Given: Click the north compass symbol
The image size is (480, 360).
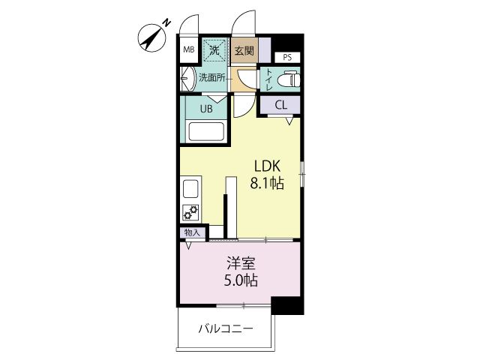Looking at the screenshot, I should [154, 37].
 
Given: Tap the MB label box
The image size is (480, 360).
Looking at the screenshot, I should [188, 51].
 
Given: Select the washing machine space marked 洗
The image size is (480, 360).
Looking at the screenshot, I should [214, 50].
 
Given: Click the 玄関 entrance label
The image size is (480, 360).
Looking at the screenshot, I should [243, 51].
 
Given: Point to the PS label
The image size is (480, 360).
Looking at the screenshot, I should [287, 57].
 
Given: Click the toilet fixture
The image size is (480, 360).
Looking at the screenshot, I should [287, 78].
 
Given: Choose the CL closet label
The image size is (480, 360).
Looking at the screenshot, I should [280, 104].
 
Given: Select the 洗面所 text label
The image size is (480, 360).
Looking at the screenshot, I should [212, 77].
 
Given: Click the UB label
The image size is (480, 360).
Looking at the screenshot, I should [205, 107].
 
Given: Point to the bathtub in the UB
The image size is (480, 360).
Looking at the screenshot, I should [206, 133].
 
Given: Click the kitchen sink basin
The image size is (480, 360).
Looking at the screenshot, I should [189, 187].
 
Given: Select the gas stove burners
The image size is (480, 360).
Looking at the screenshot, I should [190, 212].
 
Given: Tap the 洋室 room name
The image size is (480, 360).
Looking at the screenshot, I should [241, 264].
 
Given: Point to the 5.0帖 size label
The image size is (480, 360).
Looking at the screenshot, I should [241, 281].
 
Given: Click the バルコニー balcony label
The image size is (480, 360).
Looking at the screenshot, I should [226, 328].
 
